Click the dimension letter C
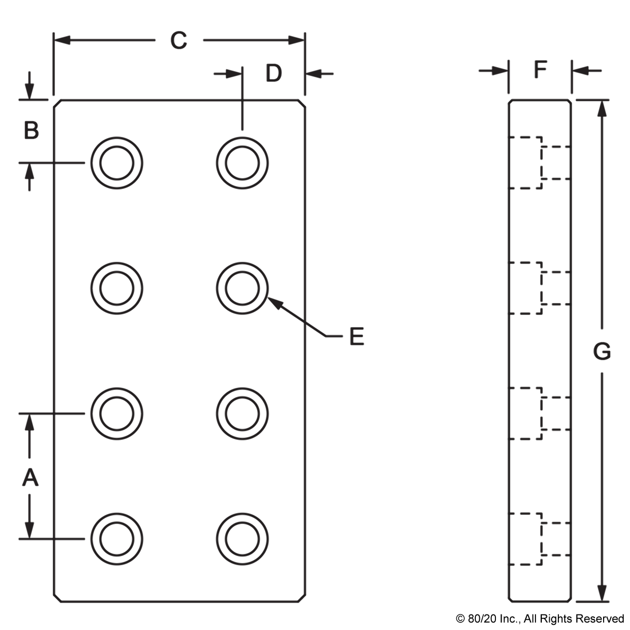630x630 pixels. pyautogui.click(x=179, y=41)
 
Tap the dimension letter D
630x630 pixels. pyautogui.click(x=274, y=73)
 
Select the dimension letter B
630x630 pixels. pyautogui.click(x=31, y=130)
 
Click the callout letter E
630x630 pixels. pyautogui.click(x=357, y=336)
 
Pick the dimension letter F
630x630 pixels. pyautogui.click(x=541, y=69)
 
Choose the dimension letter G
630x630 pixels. pyautogui.click(x=602, y=352)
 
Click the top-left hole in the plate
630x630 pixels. pyautogui.click(x=116, y=163)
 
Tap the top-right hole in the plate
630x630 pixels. pyautogui.click(x=242, y=163)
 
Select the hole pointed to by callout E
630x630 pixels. pyautogui.click(x=242, y=289)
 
